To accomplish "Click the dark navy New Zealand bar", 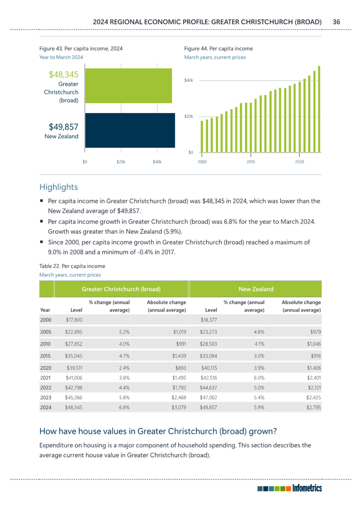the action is pos(130,130).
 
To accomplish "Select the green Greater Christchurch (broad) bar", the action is pos(128,86).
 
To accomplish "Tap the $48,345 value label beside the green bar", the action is pos(64,75).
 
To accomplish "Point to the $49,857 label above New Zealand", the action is pos(64,127).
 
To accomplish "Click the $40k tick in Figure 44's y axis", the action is pos(189,80).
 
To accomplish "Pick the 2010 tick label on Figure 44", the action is pos(251,162).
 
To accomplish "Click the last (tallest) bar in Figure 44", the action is pos(319,109).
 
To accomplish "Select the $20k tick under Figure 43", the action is pos(121,162).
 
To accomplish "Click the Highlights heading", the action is pos(59,187).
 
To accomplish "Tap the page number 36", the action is pos(336,22).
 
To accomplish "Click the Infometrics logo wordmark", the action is pos(307,488).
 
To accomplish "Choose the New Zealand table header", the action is pos(256,289).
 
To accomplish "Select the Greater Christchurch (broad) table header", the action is pos(121,289).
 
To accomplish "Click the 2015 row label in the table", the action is pos(46,356).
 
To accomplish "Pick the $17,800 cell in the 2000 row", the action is pos(74,320).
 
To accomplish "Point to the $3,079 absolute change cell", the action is pos(179,407).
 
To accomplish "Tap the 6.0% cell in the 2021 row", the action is pos(259,378).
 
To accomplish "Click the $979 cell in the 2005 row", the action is pos(316,332).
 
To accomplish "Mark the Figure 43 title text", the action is pos(81,49).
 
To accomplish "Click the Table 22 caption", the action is pos(72,266).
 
